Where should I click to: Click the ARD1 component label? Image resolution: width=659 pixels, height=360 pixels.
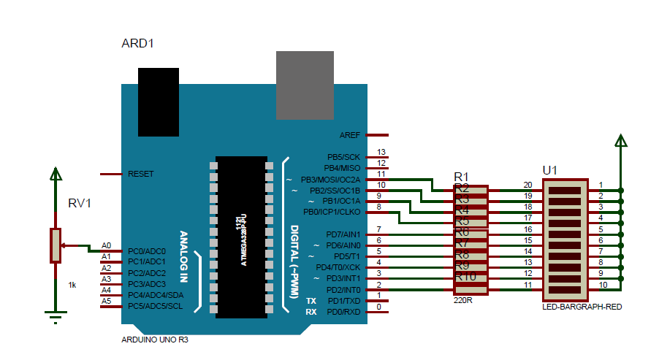click(x=137, y=44)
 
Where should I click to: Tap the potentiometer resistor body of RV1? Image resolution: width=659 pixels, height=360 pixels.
click(x=55, y=245)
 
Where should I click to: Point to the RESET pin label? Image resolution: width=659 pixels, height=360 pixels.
click(x=140, y=174)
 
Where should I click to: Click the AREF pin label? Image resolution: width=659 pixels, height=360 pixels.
click(x=350, y=135)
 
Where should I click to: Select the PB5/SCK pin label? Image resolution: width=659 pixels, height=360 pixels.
click(x=343, y=157)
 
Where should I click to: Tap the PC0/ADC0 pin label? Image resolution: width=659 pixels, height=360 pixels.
click(x=146, y=250)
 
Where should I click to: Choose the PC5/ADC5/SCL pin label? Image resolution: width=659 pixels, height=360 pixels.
click(x=156, y=305)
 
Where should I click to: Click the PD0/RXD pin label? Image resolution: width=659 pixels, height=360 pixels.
click(x=343, y=312)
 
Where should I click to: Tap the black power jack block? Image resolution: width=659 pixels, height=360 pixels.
click(x=159, y=102)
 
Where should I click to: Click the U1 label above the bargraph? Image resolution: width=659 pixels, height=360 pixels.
click(x=550, y=170)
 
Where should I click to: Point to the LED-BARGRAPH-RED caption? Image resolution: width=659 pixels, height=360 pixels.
click(x=582, y=307)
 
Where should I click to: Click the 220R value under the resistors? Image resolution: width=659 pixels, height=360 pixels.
click(x=462, y=299)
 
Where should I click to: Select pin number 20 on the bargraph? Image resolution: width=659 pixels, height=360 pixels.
click(x=527, y=185)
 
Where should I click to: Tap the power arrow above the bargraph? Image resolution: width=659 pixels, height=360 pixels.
click(x=620, y=142)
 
